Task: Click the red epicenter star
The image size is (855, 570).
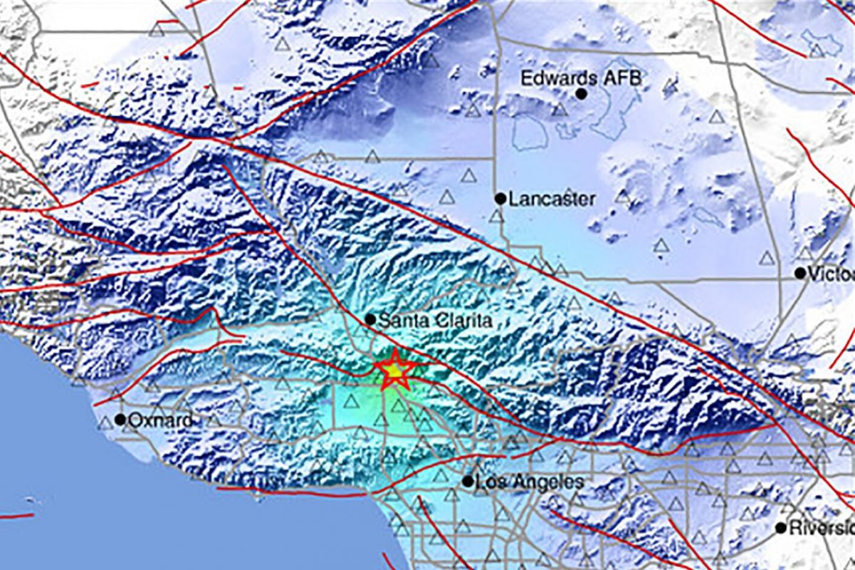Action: click(394, 370)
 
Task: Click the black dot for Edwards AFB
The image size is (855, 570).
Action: click(582, 93)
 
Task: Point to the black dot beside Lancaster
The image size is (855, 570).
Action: click(500, 199)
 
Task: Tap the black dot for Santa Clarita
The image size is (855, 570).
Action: click(369, 320)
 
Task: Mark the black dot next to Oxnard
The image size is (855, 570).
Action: click(120, 420)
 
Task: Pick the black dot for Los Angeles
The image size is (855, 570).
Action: click(468, 482)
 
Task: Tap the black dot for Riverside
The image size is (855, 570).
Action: click(781, 528)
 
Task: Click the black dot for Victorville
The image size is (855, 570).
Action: click(800, 273)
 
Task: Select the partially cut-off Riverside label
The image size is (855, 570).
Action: click(822, 528)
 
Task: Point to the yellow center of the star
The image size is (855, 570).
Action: click(394, 370)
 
